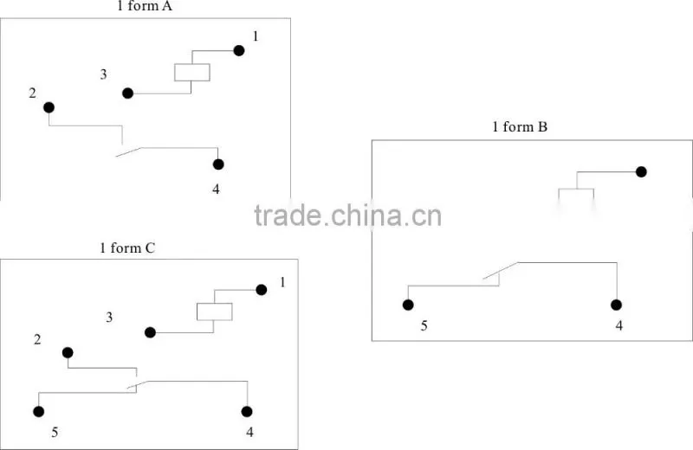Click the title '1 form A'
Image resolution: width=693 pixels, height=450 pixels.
click(145, 6)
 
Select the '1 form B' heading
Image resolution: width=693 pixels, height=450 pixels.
click(520, 126)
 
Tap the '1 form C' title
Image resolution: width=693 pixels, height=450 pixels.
click(127, 247)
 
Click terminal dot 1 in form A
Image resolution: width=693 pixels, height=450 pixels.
click(239, 51)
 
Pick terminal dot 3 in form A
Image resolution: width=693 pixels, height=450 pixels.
click(127, 93)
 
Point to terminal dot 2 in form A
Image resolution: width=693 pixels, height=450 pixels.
click(49, 107)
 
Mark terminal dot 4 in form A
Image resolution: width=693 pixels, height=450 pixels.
click(218, 164)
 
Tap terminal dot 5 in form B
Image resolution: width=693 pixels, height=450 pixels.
click(408, 305)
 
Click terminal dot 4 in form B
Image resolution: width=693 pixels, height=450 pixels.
click(616, 305)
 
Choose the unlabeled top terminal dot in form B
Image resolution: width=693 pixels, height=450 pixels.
click(641, 172)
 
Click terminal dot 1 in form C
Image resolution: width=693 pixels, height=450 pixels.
click(262, 290)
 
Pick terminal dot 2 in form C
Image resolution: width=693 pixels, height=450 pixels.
click(68, 352)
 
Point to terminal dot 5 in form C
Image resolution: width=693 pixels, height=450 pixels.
click(39, 412)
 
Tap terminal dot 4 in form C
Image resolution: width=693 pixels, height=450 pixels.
click(247, 412)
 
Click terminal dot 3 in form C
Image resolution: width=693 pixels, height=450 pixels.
click(150, 332)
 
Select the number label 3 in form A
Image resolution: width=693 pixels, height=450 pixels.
click(103, 74)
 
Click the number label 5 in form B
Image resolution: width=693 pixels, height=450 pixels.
click(424, 326)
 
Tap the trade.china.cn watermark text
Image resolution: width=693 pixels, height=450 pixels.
click(348, 215)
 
